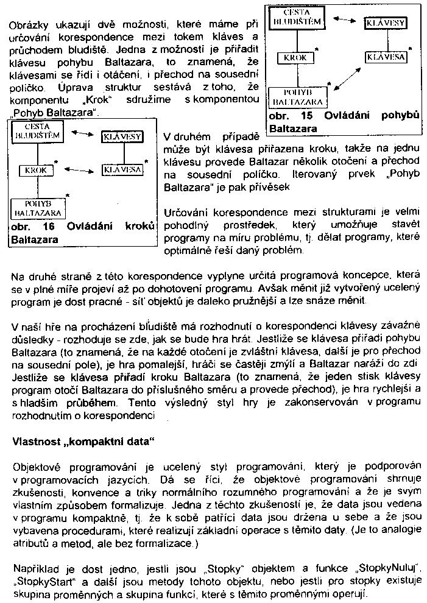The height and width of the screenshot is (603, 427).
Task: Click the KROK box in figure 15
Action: (295, 58)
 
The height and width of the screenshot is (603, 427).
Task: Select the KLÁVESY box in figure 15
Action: (385, 24)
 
